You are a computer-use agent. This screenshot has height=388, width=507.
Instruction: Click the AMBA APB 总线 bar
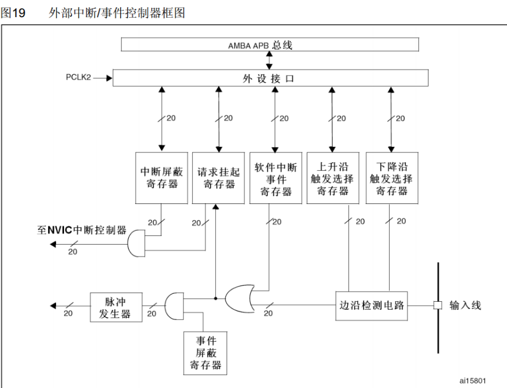[270, 45]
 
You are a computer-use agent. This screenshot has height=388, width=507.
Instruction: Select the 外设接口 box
[270, 78]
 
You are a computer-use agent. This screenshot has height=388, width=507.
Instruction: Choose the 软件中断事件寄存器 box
[275, 177]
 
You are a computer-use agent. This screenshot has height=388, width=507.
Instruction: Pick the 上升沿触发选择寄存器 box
[332, 177]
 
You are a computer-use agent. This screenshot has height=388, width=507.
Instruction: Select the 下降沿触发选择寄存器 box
[391, 177]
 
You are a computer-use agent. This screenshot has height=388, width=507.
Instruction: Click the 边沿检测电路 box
[370, 305]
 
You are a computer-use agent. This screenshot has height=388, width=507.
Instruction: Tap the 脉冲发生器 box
[116, 307]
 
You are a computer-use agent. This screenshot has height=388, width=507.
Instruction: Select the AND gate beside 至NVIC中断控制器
[137, 243]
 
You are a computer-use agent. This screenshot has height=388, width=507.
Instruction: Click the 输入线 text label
[465, 306]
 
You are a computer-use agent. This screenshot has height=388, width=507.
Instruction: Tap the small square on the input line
[438, 306]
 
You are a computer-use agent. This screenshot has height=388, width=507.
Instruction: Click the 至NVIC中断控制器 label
[82, 230]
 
